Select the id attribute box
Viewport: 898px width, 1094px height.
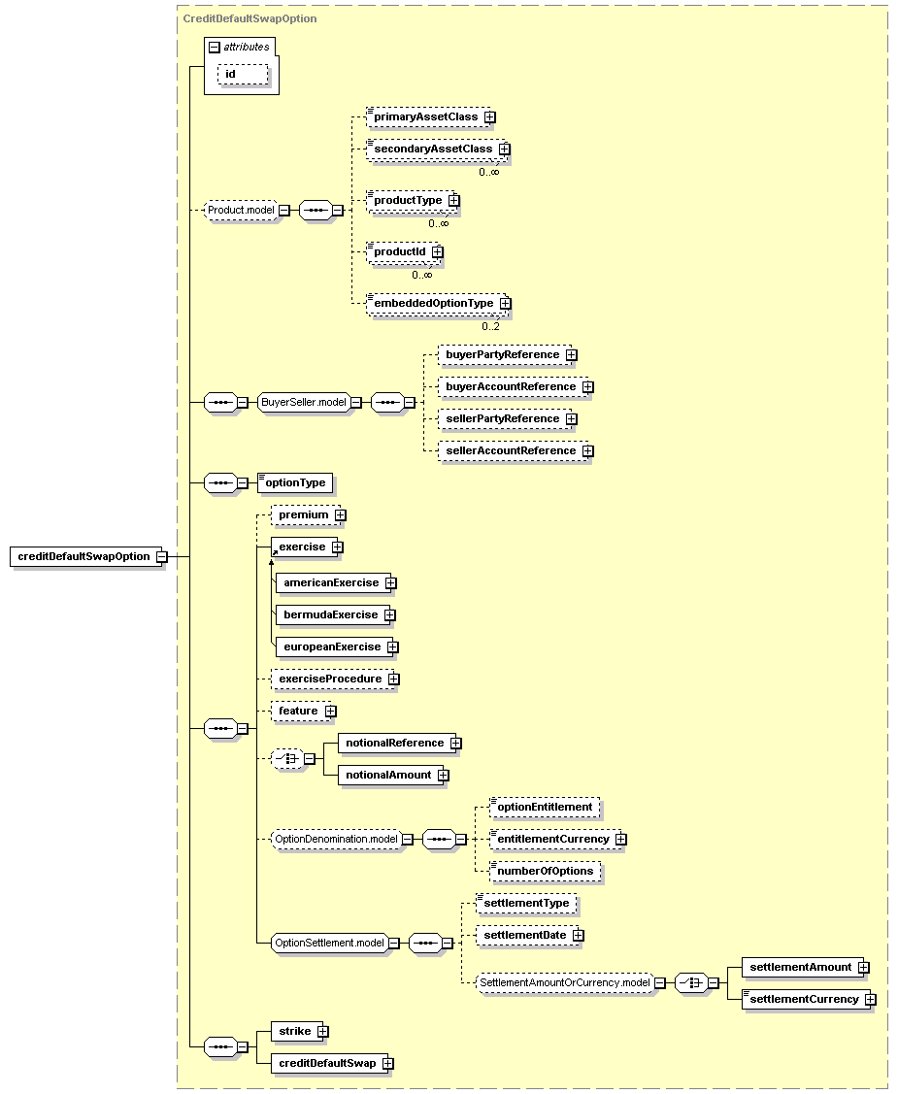pos(243,74)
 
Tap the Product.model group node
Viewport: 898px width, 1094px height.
pos(241,210)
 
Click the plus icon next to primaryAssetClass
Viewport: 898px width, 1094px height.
pos(490,117)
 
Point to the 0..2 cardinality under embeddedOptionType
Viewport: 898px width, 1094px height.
pos(490,326)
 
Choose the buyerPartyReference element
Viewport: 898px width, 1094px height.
pos(504,355)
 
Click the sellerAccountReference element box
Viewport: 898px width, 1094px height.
pos(512,450)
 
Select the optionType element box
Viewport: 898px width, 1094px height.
pos(295,482)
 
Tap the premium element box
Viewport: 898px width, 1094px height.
pos(305,514)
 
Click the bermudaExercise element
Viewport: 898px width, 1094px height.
pos(332,614)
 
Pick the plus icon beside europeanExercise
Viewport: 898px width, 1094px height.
pos(393,647)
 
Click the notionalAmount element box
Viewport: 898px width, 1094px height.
pos(390,776)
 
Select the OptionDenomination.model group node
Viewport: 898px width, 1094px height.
pos(336,840)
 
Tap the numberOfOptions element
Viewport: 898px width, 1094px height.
pos(545,872)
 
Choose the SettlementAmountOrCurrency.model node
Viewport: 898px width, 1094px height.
pos(565,983)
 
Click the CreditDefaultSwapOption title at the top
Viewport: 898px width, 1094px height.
pos(249,18)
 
